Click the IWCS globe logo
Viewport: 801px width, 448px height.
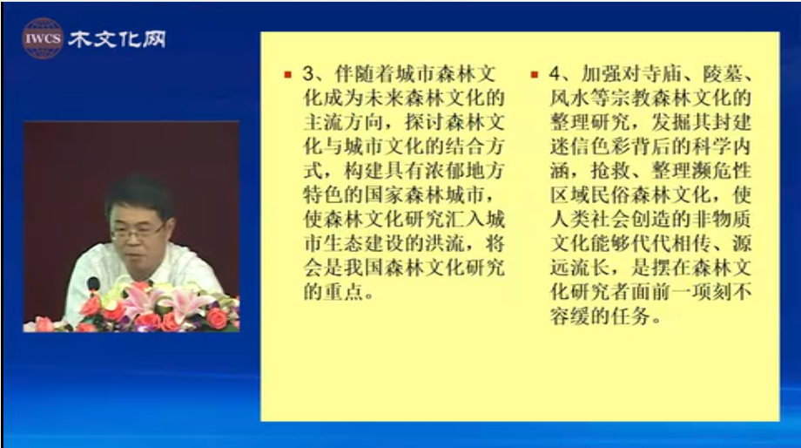coord(43,38)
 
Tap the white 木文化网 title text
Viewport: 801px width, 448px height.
coord(118,39)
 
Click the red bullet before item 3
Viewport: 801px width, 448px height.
coord(287,75)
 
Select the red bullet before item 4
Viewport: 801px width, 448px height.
coord(535,75)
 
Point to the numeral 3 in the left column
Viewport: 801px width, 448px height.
coord(308,74)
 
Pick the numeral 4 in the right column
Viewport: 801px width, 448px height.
coord(555,74)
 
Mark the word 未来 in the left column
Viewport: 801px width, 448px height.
coord(385,98)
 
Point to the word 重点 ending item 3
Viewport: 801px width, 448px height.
coord(344,292)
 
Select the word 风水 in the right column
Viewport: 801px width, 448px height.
coord(570,98)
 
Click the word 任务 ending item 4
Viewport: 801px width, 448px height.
coord(631,316)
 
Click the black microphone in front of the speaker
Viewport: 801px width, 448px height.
coord(93,285)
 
